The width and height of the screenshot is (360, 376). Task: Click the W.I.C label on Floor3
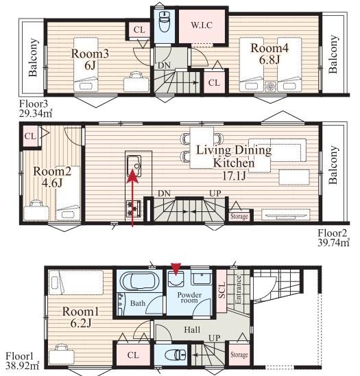click(202, 25)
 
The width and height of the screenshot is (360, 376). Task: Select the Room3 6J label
click(90, 59)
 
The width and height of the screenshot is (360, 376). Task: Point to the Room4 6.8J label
click(269, 54)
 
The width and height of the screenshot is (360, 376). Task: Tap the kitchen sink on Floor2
click(134, 166)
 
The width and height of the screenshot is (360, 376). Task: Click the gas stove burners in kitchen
click(134, 209)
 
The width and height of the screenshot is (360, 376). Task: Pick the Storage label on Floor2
click(239, 216)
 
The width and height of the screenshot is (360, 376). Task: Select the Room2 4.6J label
click(52, 177)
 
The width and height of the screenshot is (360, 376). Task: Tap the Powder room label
click(189, 297)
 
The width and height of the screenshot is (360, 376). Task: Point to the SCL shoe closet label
click(222, 290)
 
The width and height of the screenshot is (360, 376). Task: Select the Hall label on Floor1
click(192, 330)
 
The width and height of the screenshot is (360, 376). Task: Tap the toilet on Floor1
click(176, 355)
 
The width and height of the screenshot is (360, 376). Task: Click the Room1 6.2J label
click(81, 317)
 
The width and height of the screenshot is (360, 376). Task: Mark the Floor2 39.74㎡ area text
click(333, 238)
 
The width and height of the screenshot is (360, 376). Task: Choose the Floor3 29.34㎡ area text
click(36, 108)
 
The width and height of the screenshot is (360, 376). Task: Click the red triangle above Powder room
click(176, 269)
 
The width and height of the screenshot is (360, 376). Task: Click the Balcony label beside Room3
click(33, 58)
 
